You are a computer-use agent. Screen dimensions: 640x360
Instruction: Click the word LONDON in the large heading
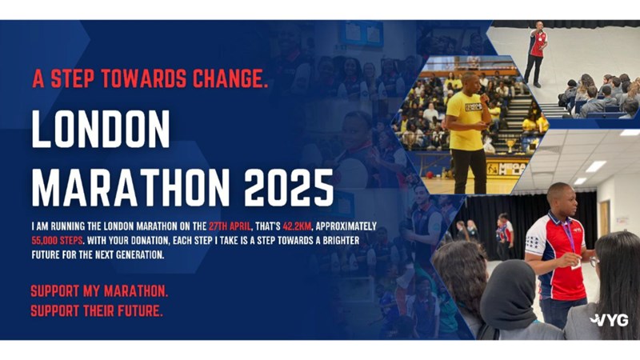[x=101, y=129]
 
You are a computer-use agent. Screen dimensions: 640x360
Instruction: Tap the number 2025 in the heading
[x=289, y=188]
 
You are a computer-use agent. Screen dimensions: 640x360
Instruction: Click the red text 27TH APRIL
[x=230, y=226]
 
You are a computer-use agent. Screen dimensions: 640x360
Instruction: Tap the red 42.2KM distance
[x=297, y=226]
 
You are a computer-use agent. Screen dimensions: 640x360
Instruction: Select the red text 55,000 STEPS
[x=57, y=240]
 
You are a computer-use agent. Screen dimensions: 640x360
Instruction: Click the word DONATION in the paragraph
[x=146, y=240]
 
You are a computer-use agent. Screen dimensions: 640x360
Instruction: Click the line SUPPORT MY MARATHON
[x=99, y=291]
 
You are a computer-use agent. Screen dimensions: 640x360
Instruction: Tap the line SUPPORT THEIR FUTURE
[x=97, y=311]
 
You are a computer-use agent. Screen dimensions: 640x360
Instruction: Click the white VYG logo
[x=609, y=320]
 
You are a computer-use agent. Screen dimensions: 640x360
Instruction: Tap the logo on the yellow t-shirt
[x=473, y=107]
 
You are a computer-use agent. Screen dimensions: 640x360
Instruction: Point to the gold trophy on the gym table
[x=510, y=146]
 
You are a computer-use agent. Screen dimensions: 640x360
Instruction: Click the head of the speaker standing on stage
[x=539, y=26]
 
